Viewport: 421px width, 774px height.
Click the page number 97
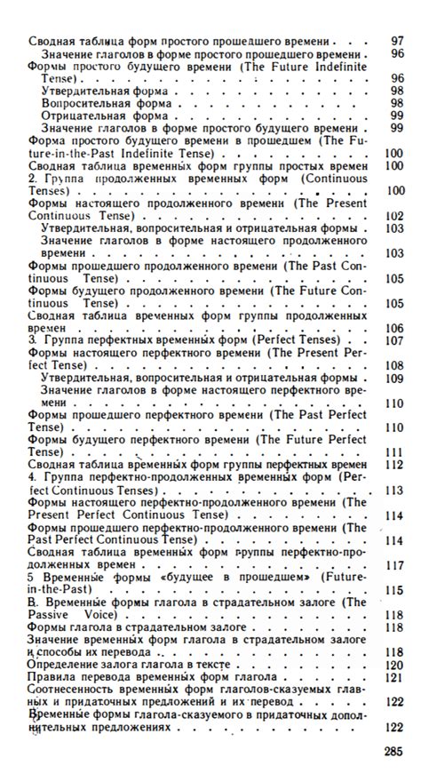point(396,42)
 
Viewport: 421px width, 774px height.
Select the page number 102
point(394,215)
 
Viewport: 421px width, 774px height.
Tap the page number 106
point(394,327)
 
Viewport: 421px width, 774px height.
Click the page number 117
point(394,564)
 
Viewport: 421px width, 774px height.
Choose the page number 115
point(394,589)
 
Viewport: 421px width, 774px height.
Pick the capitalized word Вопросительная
point(84,103)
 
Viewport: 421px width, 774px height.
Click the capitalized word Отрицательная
point(81,116)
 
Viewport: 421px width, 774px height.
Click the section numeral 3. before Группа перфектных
point(34,339)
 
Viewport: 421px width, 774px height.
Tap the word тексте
point(210,664)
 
